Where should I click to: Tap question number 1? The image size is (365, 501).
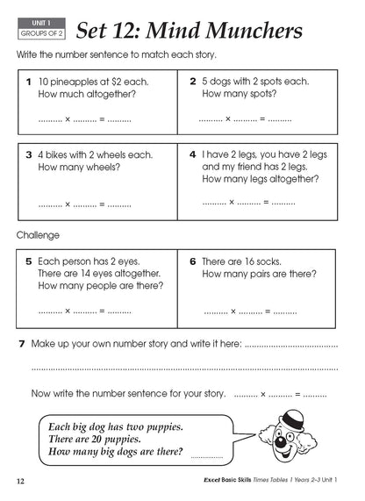tap(28, 81)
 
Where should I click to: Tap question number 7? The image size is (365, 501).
tap(21, 344)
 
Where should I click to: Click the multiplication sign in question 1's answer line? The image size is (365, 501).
tap(68, 118)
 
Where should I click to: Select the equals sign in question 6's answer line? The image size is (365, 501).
tap(268, 311)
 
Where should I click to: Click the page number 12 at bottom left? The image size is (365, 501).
tap(20, 482)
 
